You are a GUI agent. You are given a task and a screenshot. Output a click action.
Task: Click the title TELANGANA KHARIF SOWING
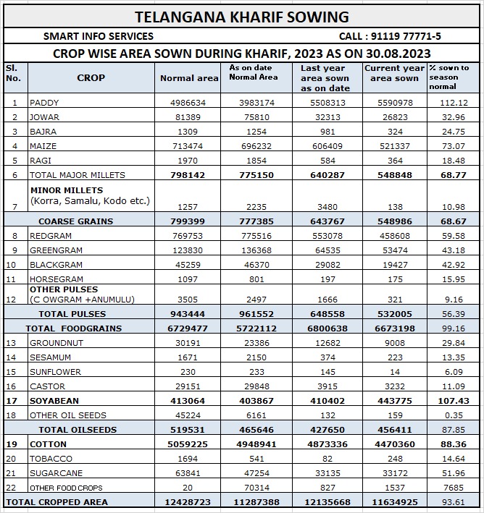tap(242, 17)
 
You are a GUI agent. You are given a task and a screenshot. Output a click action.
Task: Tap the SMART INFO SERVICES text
tap(99, 36)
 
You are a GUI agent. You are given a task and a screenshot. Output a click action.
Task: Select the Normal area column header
tap(188, 78)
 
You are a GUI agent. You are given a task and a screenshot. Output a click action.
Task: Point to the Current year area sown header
tap(391, 73)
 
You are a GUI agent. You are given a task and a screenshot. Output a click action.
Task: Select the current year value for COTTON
tap(391, 444)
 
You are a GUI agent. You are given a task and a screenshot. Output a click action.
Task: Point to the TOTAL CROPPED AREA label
tap(57, 502)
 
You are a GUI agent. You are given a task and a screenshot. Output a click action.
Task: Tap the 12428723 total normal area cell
tap(188, 502)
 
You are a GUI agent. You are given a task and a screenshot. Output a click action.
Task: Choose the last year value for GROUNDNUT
tap(325, 343)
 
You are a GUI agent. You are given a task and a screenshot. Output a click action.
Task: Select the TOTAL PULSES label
tap(72, 314)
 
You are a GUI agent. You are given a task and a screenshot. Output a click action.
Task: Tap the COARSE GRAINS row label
tap(76, 221)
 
